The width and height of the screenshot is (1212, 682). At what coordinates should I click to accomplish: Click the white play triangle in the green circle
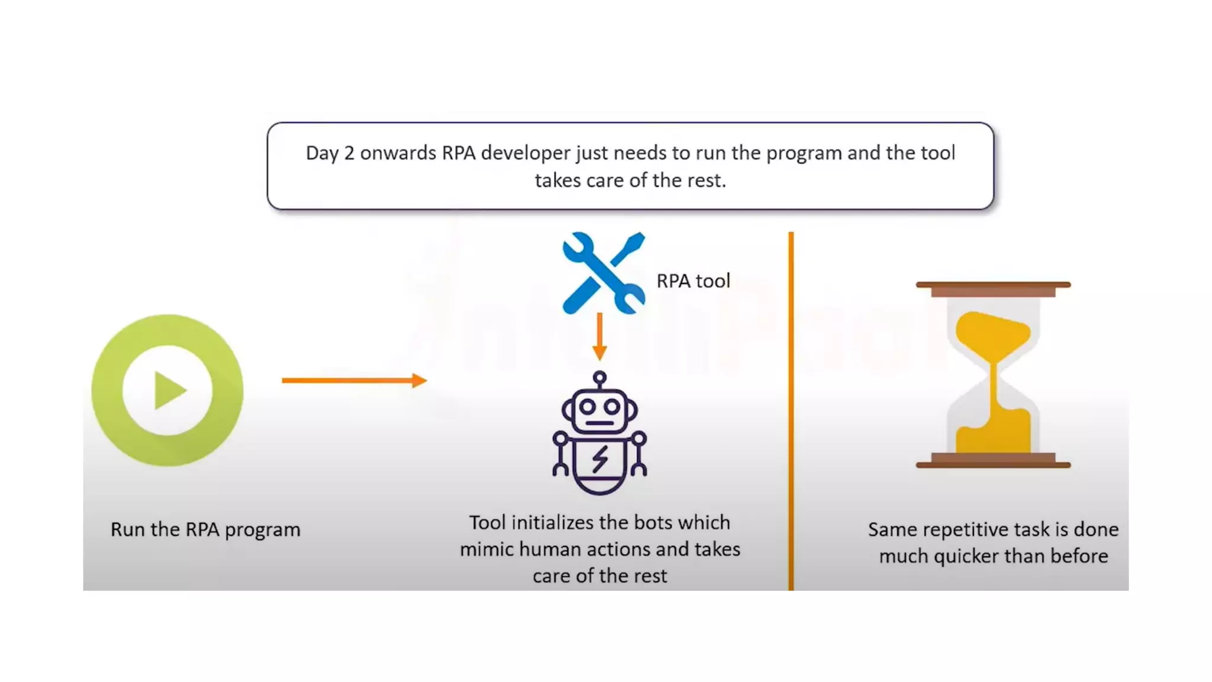(169, 391)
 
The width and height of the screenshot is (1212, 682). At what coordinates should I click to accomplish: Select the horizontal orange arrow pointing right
(354, 380)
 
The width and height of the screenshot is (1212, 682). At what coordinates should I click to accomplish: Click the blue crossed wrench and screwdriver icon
(603, 272)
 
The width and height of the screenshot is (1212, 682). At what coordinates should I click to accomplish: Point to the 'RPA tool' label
(693, 281)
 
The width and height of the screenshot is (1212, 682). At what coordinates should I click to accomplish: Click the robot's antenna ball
(599, 377)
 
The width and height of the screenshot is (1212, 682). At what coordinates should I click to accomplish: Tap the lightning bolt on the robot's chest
(600, 459)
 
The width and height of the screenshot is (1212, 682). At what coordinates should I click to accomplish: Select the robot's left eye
(588, 407)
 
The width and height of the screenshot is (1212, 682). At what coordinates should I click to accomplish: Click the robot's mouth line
(600, 423)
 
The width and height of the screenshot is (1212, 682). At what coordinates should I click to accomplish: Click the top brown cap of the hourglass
(993, 288)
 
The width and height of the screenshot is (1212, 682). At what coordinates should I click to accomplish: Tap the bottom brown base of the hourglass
(993, 461)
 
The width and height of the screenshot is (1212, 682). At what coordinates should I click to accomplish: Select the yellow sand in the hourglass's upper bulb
(992, 334)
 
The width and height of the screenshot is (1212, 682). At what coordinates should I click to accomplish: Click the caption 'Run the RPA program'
(205, 529)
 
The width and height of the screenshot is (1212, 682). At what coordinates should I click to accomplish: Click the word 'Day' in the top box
(322, 153)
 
